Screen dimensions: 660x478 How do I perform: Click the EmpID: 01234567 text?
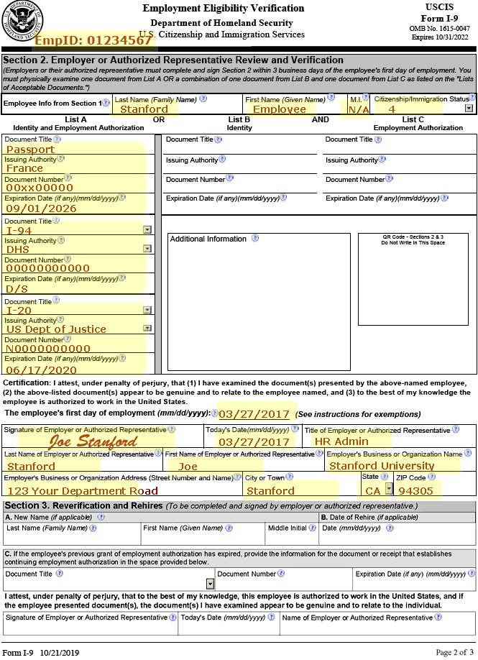93,40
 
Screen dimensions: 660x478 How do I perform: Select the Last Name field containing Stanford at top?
144,109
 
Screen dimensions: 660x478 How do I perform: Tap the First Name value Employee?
280,109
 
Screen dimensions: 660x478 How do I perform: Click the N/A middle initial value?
358,109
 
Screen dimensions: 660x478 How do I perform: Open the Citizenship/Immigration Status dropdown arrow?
469,109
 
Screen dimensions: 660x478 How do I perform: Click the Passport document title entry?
30,150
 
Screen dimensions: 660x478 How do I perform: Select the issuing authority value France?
24,168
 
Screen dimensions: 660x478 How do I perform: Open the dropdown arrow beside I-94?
147,229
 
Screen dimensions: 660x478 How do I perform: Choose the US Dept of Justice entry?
55,329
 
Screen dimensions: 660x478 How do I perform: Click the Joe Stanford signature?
93,441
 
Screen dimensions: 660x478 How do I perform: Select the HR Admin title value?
341,441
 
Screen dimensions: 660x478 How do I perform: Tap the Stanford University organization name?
381,466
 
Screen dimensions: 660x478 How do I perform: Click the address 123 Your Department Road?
82,491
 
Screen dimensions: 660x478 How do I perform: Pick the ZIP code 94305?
416,491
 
